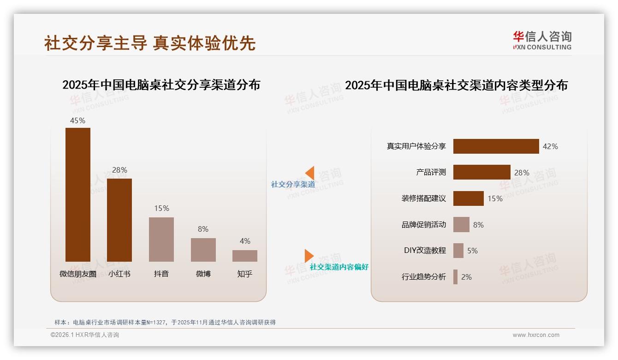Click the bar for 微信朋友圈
coord(77,194)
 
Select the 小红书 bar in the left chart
coord(119,220)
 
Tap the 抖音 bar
coord(161,239)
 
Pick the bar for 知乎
coord(245,256)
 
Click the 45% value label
coord(77,120)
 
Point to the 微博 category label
coord(203,274)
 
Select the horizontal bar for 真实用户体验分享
coord(496,146)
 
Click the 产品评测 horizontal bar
coord(481,172)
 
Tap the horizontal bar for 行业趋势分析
coord(455,277)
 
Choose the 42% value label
coord(550,146)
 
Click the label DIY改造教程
coord(425,251)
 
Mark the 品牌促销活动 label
coord(424,225)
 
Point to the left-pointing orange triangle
coord(310,173)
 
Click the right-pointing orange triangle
coord(309,256)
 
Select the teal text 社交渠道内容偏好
coord(339,267)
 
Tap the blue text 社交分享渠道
coord(293,185)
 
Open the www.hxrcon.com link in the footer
coord(536,335)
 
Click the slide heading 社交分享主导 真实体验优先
coord(150,43)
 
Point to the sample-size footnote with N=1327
coord(165,322)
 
